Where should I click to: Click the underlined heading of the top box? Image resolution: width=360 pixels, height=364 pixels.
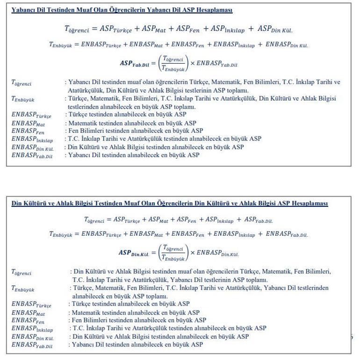pos(122,10)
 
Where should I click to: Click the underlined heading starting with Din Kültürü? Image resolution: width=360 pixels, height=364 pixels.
pos(170,204)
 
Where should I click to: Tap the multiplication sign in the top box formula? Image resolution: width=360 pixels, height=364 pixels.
pos(191,63)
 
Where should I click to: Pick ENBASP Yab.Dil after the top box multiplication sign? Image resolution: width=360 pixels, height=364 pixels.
pos(220,63)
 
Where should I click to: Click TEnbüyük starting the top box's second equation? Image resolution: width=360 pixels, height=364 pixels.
pos(61,45)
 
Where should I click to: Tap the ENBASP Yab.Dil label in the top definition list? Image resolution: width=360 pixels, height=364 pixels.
pos(31,155)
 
